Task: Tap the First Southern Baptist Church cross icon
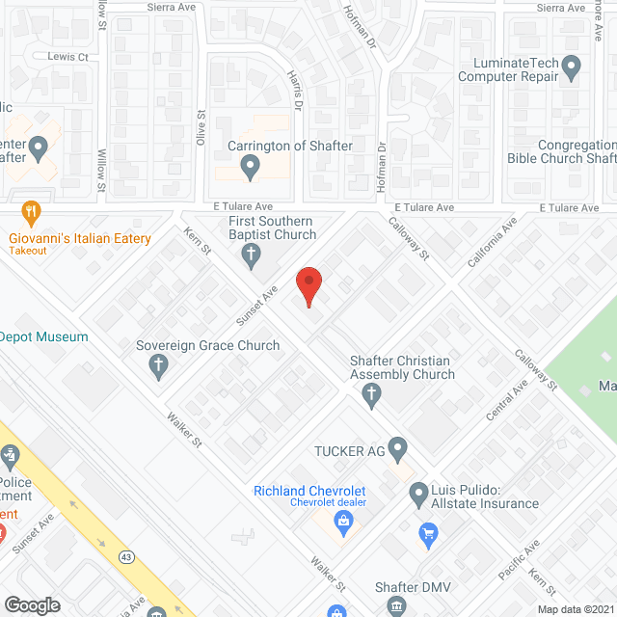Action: [250, 255]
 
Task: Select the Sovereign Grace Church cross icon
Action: [158, 364]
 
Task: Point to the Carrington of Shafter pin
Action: [250, 169]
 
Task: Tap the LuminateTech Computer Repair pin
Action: [571, 68]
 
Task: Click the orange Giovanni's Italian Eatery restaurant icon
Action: [32, 213]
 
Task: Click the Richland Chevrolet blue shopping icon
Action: [342, 522]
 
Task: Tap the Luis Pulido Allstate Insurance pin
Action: [418, 496]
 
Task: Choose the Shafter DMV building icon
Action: [396, 606]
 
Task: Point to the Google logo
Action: [32, 604]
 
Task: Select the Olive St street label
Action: [201, 128]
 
